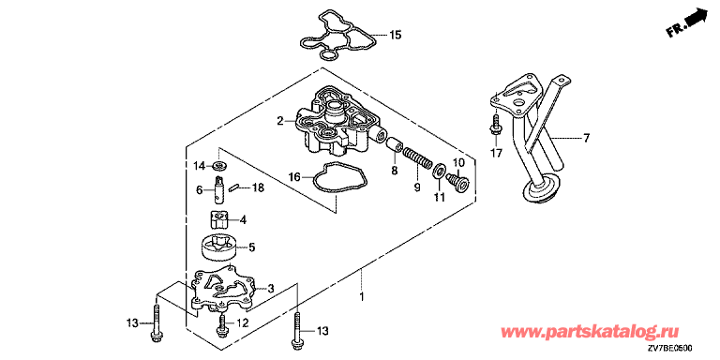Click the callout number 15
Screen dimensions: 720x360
pos(396,35)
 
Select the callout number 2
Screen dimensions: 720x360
pos(279,121)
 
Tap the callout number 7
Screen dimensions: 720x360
pos(586,138)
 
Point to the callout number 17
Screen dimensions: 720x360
pos(496,153)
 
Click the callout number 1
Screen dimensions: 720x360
pos(361,297)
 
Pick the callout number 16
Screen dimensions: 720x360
pos(294,176)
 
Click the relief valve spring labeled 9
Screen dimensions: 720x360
pos(417,160)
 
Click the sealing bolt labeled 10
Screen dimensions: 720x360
pos(457,181)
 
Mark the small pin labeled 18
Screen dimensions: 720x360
pos(235,187)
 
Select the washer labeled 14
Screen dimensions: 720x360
pos(220,165)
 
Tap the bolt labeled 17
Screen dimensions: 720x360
pos(496,124)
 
